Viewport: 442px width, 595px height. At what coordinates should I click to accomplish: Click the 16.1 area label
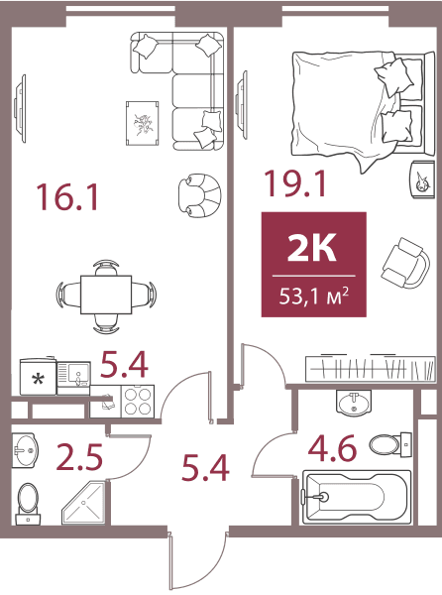point(66,196)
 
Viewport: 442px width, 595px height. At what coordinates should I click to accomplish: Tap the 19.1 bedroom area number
point(295,183)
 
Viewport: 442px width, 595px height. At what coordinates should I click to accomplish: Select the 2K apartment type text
point(311,248)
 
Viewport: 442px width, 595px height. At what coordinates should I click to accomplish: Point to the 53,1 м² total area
point(314,296)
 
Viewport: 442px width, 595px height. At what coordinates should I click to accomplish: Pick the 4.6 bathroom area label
point(332,448)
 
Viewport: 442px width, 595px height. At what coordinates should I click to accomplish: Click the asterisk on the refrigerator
point(38,379)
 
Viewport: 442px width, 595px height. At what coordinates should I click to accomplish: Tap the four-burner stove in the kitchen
point(138,402)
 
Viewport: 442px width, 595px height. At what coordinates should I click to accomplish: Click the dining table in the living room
point(106,295)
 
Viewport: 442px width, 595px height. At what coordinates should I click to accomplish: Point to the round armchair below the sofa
point(199,195)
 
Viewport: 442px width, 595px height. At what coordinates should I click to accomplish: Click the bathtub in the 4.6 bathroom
point(357,497)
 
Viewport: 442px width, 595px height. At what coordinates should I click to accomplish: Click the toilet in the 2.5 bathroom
point(28,504)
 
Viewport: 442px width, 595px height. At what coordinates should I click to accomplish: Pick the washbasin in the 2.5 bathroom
point(25,450)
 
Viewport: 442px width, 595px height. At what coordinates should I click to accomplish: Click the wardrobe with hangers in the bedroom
point(371,368)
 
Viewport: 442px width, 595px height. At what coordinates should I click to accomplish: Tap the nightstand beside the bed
point(422,179)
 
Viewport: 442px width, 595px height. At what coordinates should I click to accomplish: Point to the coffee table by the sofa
point(142,123)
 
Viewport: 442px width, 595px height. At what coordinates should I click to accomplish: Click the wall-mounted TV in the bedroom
point(241,105)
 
